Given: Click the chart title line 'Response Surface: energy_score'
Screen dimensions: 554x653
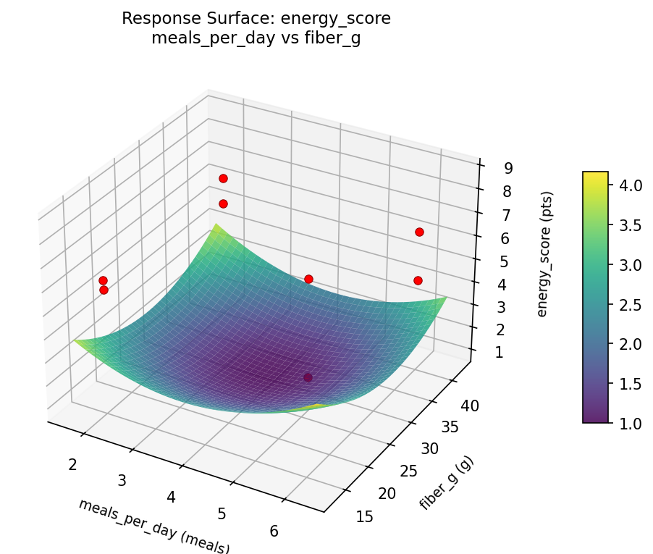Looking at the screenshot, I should click(256, 19).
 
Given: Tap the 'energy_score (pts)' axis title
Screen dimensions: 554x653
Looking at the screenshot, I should click(547, 255).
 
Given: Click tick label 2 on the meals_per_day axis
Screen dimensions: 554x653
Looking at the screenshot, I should click(72, 464).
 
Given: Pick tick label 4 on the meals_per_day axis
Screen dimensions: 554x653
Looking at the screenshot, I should click(172, 497).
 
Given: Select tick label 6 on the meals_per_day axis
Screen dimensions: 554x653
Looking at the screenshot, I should click(274, 531).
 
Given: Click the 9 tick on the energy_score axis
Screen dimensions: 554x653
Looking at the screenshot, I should click(509, 168).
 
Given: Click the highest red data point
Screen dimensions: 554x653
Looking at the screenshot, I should click(223, 178).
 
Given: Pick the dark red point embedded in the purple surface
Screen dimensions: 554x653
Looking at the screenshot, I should click(308, 377).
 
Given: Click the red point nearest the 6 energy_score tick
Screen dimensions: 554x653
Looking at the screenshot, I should click(419, 232).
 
